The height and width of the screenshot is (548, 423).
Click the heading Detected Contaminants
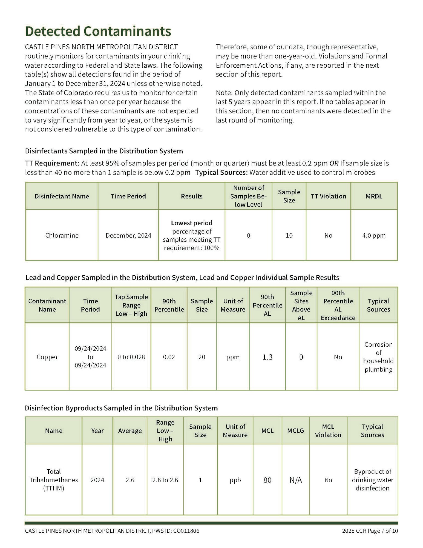tap(98, 31)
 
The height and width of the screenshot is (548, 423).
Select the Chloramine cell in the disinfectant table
tap(62, 235)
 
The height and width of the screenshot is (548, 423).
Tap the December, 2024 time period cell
tap(128, 235)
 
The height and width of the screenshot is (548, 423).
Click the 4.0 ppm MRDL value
tap(374, 235)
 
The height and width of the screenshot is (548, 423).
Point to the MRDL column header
tap(374, 196)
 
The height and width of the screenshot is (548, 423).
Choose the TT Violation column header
tap(328, 196)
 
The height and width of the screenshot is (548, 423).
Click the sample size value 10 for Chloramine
tap(289, 235)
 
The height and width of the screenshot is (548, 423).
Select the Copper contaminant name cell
tap(47, 357)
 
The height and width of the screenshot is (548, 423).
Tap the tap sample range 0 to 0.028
tap(131, 357)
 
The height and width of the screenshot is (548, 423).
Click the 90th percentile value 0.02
tap(169, 357)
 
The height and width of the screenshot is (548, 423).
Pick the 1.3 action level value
tap(267, 357)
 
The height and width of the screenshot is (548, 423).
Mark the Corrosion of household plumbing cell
tap(378, 357)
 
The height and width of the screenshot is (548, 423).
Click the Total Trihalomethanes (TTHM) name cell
tap(54, 480)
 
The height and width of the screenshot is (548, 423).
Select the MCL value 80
tap(267, 480)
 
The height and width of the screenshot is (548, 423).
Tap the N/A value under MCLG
tap(295, 480)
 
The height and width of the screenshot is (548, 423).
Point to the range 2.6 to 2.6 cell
tap(165, 480)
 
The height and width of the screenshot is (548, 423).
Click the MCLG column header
tap(295, 431)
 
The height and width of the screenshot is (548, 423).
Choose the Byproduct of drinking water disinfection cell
tap(372, 480)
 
